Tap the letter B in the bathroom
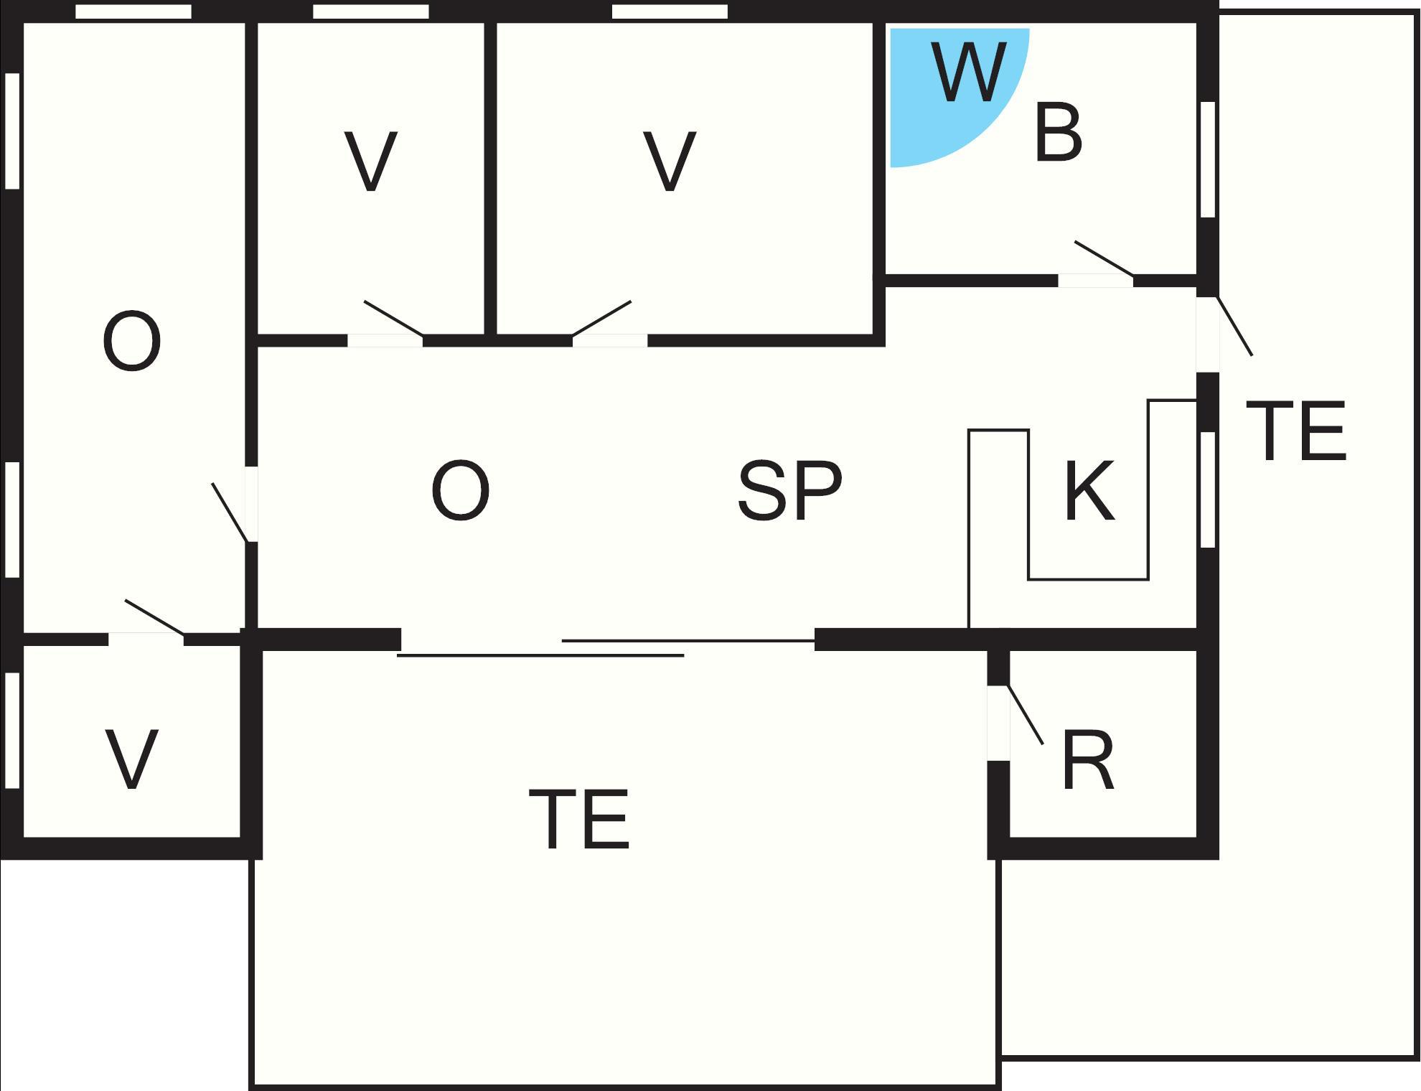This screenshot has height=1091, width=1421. (x=1059, y=133)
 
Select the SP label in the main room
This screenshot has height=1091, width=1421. (x=790, y=492)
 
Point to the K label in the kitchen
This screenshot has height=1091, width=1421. (x=1089, y=492)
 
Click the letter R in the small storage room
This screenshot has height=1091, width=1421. (x=1088, y=761)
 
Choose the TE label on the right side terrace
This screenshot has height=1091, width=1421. (x=1295, y=431)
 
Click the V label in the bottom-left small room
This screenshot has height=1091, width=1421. (x=131, y=759)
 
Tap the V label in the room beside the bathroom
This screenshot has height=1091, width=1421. (x=670, y=161)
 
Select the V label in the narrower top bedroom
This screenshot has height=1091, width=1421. (x=371, y=161)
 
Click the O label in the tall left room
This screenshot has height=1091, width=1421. (x=131, y=342)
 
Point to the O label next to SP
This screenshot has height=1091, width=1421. (x=461, y=491)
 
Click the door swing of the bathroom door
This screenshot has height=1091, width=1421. (x=1104, y=258)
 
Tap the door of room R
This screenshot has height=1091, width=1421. (x=1025, y=715)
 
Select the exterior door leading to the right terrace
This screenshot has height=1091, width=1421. (x=1234, y=326)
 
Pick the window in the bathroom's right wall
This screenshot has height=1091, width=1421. (x=1208, y=159)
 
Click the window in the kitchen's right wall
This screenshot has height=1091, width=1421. (x=1208, y=490)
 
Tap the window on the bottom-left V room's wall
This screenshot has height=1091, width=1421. (x=11, y=730)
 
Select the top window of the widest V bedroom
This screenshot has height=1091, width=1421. (x=670, y=11)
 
